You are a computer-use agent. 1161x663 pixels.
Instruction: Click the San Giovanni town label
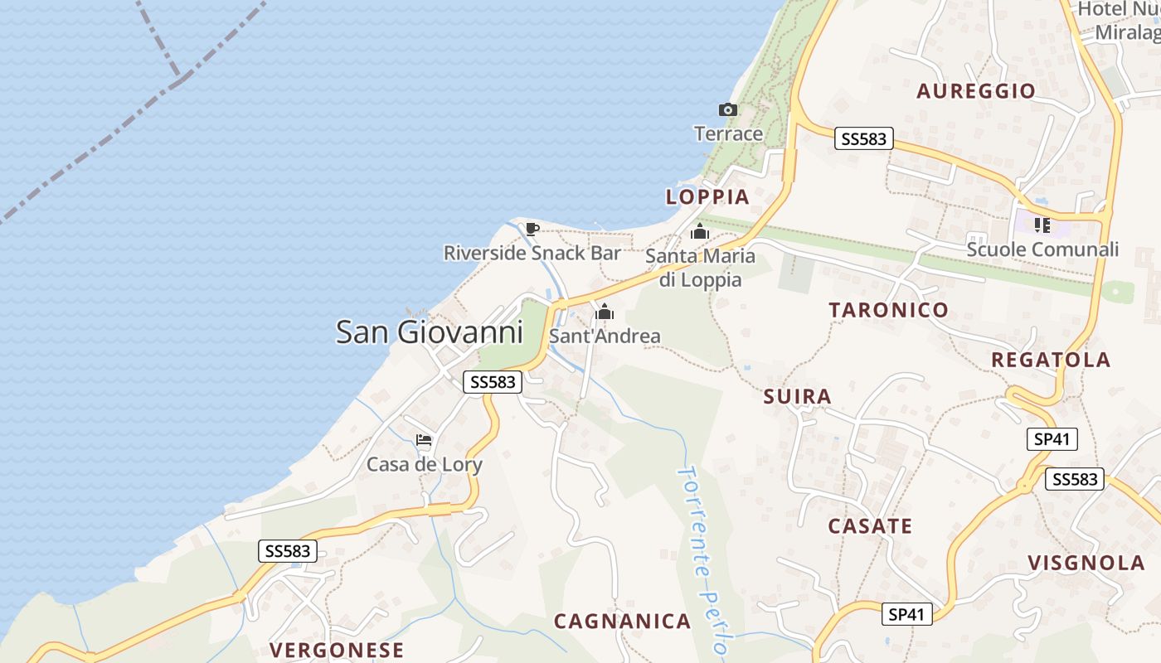coord(429,332)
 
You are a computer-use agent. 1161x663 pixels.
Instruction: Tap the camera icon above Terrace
coord(727,109)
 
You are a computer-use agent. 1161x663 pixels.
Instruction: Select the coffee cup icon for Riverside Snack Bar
coord(532,229)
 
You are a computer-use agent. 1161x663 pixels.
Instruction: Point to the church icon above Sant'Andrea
coord(605,312)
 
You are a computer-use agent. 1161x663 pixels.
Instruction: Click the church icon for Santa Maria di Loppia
coord(700,231)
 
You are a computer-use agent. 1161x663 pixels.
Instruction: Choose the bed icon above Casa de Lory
coord(424,440)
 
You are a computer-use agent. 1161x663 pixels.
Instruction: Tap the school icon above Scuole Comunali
coord(1042,225)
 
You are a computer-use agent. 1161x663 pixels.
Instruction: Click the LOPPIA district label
coord(707,197)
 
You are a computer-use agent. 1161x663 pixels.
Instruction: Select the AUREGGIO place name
coord(976,91)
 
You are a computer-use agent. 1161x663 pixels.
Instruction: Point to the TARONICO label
coord(888,311)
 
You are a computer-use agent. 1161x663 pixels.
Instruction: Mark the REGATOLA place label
coord(1051,360)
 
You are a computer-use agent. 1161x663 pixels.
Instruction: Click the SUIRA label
coord(797,397)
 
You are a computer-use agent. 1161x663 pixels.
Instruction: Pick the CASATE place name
coord(870,526)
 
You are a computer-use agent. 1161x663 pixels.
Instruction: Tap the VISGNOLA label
coord(1086,564)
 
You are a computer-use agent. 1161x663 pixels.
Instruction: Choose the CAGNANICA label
coord(622,622)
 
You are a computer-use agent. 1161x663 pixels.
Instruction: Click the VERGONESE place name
coord(337,650)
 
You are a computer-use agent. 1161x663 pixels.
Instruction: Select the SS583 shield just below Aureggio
coord(863,139)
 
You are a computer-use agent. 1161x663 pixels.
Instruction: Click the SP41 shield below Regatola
coord(1052,439)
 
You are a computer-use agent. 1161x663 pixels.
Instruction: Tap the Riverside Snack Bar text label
coord(532,253)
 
